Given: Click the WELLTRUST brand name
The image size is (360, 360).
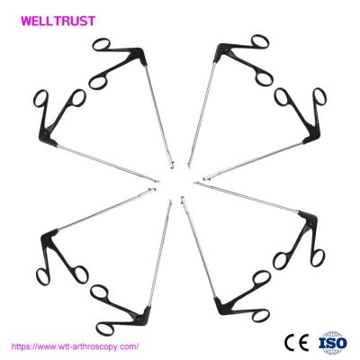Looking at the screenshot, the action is click(x=58, y=21).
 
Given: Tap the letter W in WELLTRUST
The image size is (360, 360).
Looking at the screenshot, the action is click(x=27, y=21).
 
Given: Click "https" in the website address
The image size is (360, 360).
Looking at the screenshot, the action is click(x=21, y=346).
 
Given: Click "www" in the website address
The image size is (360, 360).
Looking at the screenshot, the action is click(x=46, y=347).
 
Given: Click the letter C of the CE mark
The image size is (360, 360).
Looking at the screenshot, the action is click(x=291, y=342).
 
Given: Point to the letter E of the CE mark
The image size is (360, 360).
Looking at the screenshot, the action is click(x=303, y=342).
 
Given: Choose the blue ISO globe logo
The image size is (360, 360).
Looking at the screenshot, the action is click(x=332, y=343).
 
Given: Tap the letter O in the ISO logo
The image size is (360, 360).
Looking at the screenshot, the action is click(x=341, y=343).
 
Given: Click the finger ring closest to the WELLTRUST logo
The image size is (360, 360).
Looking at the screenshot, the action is click(x=102, y=45).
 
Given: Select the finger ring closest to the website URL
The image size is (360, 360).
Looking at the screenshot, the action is click(x=104, y=328).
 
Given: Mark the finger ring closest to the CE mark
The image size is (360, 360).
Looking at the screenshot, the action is click(x=260, y=314).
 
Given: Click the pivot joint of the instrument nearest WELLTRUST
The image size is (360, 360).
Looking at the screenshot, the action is click(x=139, y=54).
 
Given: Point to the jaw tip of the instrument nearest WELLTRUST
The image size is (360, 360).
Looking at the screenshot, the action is click(x=171, y=165).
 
